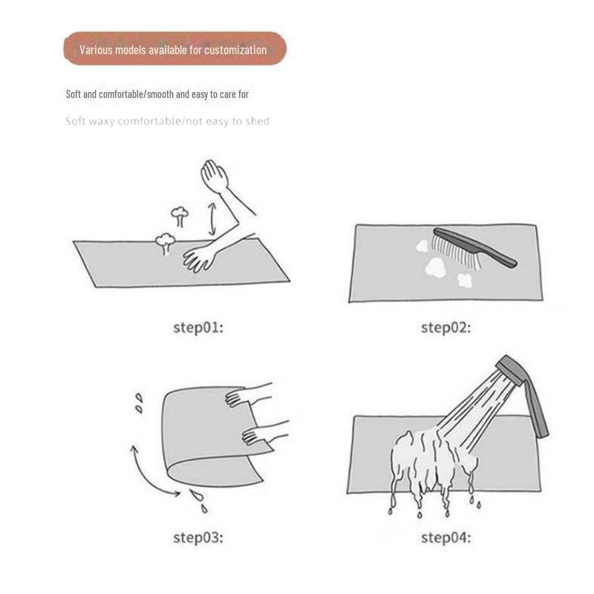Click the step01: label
click(198, 327)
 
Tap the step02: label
click(446, 327)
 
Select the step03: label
click(198, 538)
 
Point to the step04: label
click(446, 538)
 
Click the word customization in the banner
click(235, 50)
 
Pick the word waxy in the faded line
click(101, 122)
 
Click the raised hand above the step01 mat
click(214, 175)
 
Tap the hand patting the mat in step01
click(199, 258)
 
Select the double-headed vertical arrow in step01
click(212, 218)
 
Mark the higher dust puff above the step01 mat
click(180, 216)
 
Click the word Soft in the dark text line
click(74, 94)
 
